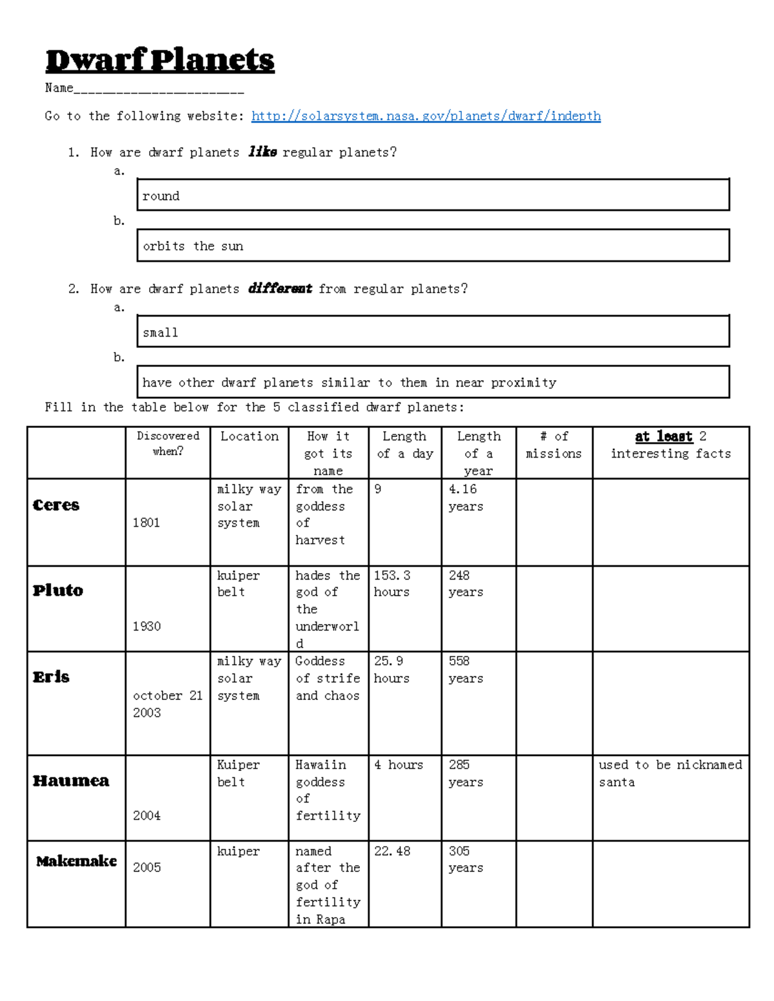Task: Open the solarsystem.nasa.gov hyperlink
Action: click(426, 116)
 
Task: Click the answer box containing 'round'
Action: click(432, 195)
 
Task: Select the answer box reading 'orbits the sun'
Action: click(432, 246)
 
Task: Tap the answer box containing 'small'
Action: click(432, 332)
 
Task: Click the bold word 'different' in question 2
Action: click(280, 289)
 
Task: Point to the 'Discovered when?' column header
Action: click(168, 443)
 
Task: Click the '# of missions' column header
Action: click(553, 445)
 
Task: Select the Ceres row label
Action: click(56, 505)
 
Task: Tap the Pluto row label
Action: click(58, 590)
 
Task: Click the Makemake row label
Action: click(76, 861)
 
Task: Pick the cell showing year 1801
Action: click(146, 523)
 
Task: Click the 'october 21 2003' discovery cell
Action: click(168, 704)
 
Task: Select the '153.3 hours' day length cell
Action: click(392, 583)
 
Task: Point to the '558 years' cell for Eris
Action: click(466, 670)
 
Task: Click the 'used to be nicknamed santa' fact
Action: click(670, 773)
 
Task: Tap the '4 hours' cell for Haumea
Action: click(399, 765)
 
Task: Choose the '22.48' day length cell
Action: click(392, 851)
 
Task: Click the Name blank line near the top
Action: click(158, 89)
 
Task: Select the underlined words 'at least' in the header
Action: click(664, 436)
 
